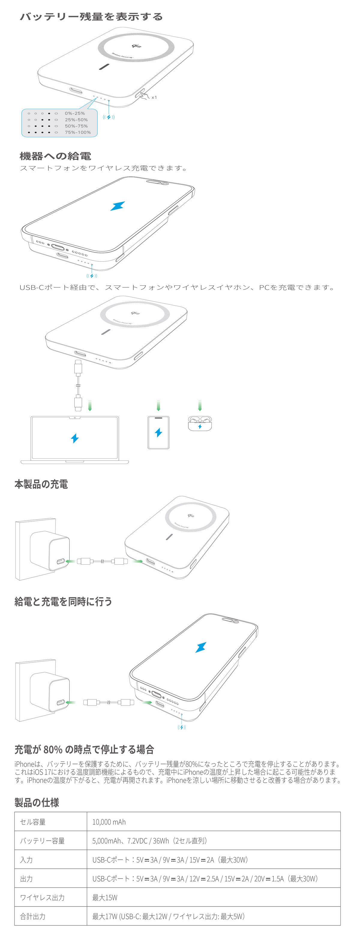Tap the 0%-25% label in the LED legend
pos(75,113)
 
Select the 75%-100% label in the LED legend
pos(78,133)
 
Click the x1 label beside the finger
pos(154,97)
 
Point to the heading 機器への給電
pos(55,156)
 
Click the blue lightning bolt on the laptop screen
pos(75,438)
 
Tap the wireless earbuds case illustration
pos(200,423)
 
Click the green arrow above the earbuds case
pos(200,405)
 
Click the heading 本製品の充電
pos(41,484)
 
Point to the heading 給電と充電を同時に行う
pos(63,601)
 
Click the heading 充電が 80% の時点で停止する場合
pos(84,749)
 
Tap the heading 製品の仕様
pos(37,802)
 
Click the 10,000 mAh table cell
pos(109,822)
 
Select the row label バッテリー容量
pos(42,841)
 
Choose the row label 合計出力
pos(32,916)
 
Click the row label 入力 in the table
pos(26,859)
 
